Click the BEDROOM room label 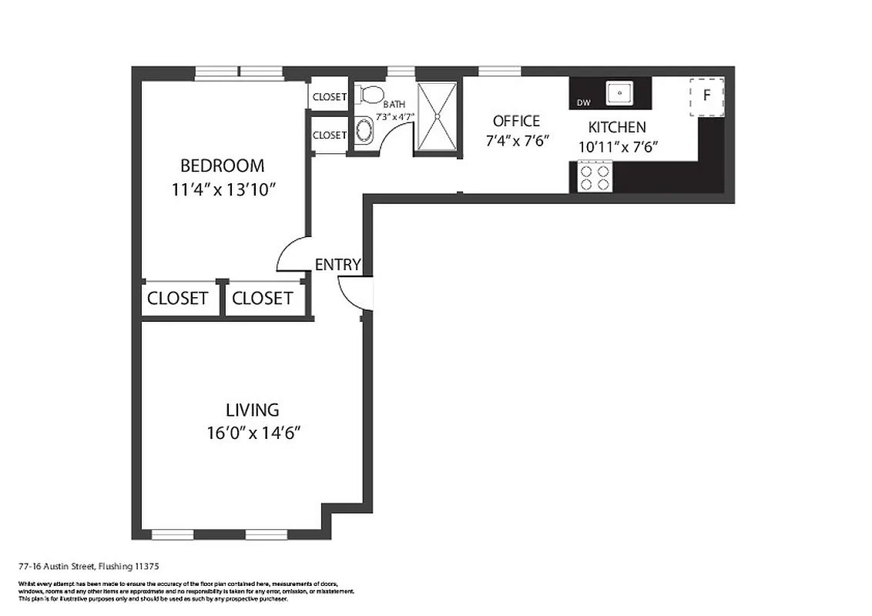coord(222,166)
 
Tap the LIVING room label coord(252,410)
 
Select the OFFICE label coord(516,121)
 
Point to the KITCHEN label coord(617,128)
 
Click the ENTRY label coord(337,265)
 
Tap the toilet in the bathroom coord(371,95)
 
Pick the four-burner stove coord(595,177)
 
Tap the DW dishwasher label coord(583,102)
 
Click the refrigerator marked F coord(706,97)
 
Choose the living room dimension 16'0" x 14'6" coord(252,433)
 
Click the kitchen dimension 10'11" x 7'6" coord(617,146)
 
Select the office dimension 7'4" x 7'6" coord(516,141)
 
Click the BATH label coord(394,104)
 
